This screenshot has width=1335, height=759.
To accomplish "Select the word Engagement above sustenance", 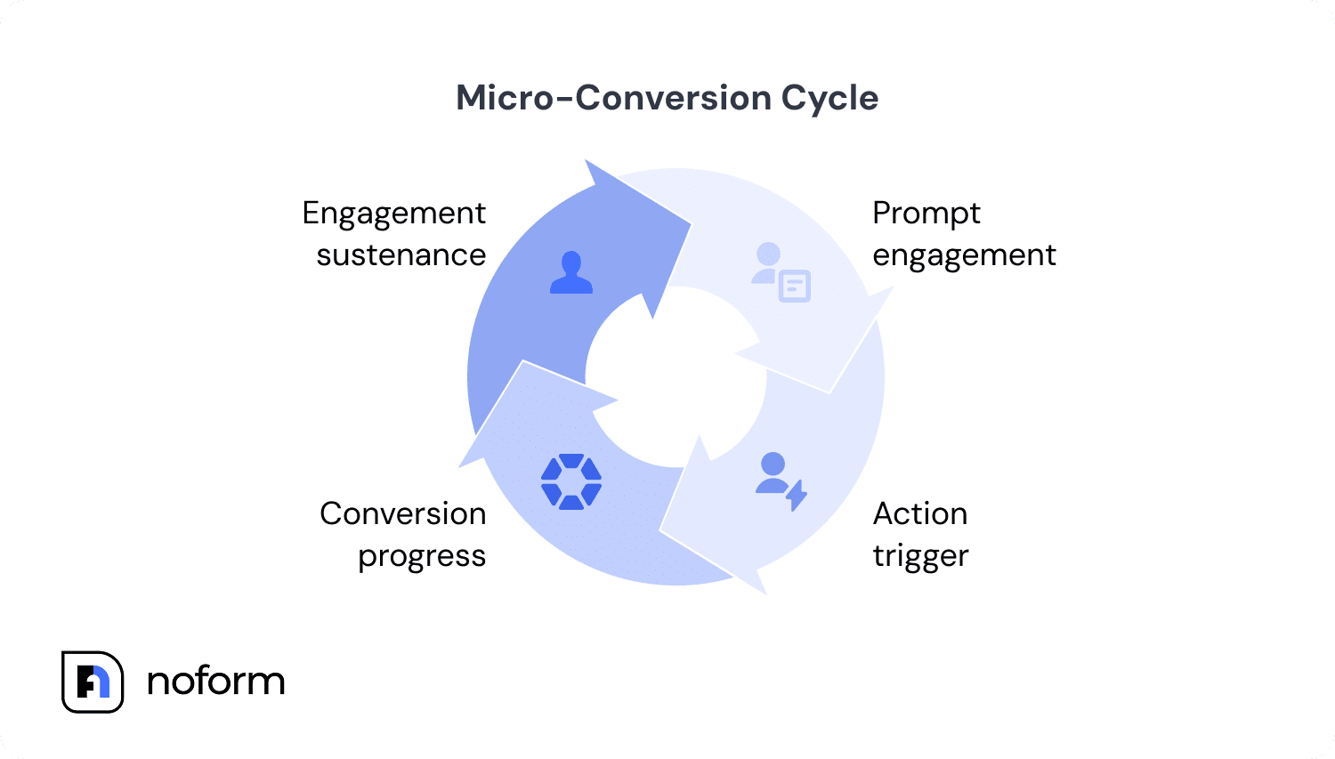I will [x=393, y=214].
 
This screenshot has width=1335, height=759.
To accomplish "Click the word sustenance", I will [x=400, y=255].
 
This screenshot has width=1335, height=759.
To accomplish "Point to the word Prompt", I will [x=926, y=214].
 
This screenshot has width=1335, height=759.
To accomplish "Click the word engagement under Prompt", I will [x=964, y=256].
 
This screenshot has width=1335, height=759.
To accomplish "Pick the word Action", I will [x=919, y=513].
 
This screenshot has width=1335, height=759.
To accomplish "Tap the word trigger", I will [x=920, y=557].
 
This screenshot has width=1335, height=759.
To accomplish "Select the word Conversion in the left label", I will [x=402, y=513].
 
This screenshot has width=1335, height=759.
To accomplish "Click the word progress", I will [x=422, y=557].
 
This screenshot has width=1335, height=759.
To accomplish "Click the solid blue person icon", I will [x=570, y=272].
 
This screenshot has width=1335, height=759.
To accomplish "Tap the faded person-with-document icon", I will [x=781, y=273].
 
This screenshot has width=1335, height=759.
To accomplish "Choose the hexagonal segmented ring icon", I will [x=571, y=481].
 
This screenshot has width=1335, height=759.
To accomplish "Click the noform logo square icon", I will [x=93, y=682].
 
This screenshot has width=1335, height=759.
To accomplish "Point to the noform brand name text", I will [x=215, y=682].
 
